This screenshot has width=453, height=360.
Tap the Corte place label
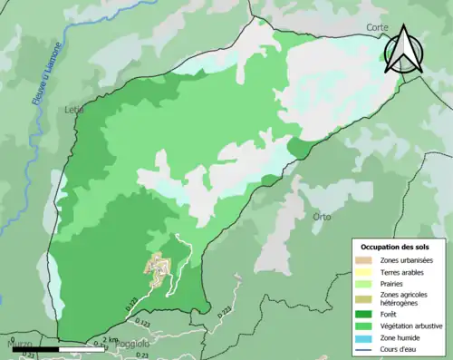coord(376,28)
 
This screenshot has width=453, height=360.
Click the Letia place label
coord(74,110)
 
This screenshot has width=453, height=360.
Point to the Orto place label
coord(322,217)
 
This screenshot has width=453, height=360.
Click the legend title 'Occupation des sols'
coord(399,247)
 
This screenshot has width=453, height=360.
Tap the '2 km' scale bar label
coord(108,340)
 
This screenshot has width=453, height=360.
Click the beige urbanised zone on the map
coord(160,269)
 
